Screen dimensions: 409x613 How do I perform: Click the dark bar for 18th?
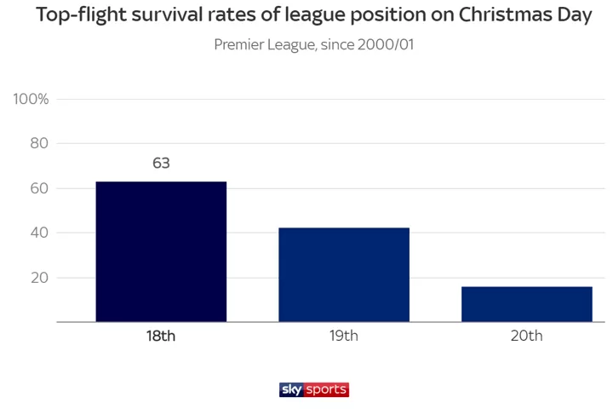(x=161, y=251)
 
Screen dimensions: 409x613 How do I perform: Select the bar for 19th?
(x=344, y=274)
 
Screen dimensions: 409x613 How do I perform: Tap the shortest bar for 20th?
(x=527, y=304)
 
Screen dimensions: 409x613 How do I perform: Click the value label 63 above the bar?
(x=161, y=163)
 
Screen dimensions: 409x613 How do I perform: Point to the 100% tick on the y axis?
(x=32, y=99)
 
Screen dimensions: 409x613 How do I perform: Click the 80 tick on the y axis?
(x=39, y=143)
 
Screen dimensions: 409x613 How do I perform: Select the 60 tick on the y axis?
(x=39, y=188)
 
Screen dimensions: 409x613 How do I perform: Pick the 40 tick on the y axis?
(x=39, y=233)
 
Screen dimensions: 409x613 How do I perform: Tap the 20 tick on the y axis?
(x=39, y=278)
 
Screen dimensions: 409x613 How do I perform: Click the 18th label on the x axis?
(x=161, y=336)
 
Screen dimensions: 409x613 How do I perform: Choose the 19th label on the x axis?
(x=344, y=336)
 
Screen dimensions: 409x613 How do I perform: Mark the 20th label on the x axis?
(x=527, y=336)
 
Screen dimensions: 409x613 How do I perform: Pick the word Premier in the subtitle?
(x=242, y=44)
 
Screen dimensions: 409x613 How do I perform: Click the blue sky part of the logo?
(x=292, y=389)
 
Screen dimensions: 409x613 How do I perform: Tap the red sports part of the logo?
(x=327, y=389)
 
